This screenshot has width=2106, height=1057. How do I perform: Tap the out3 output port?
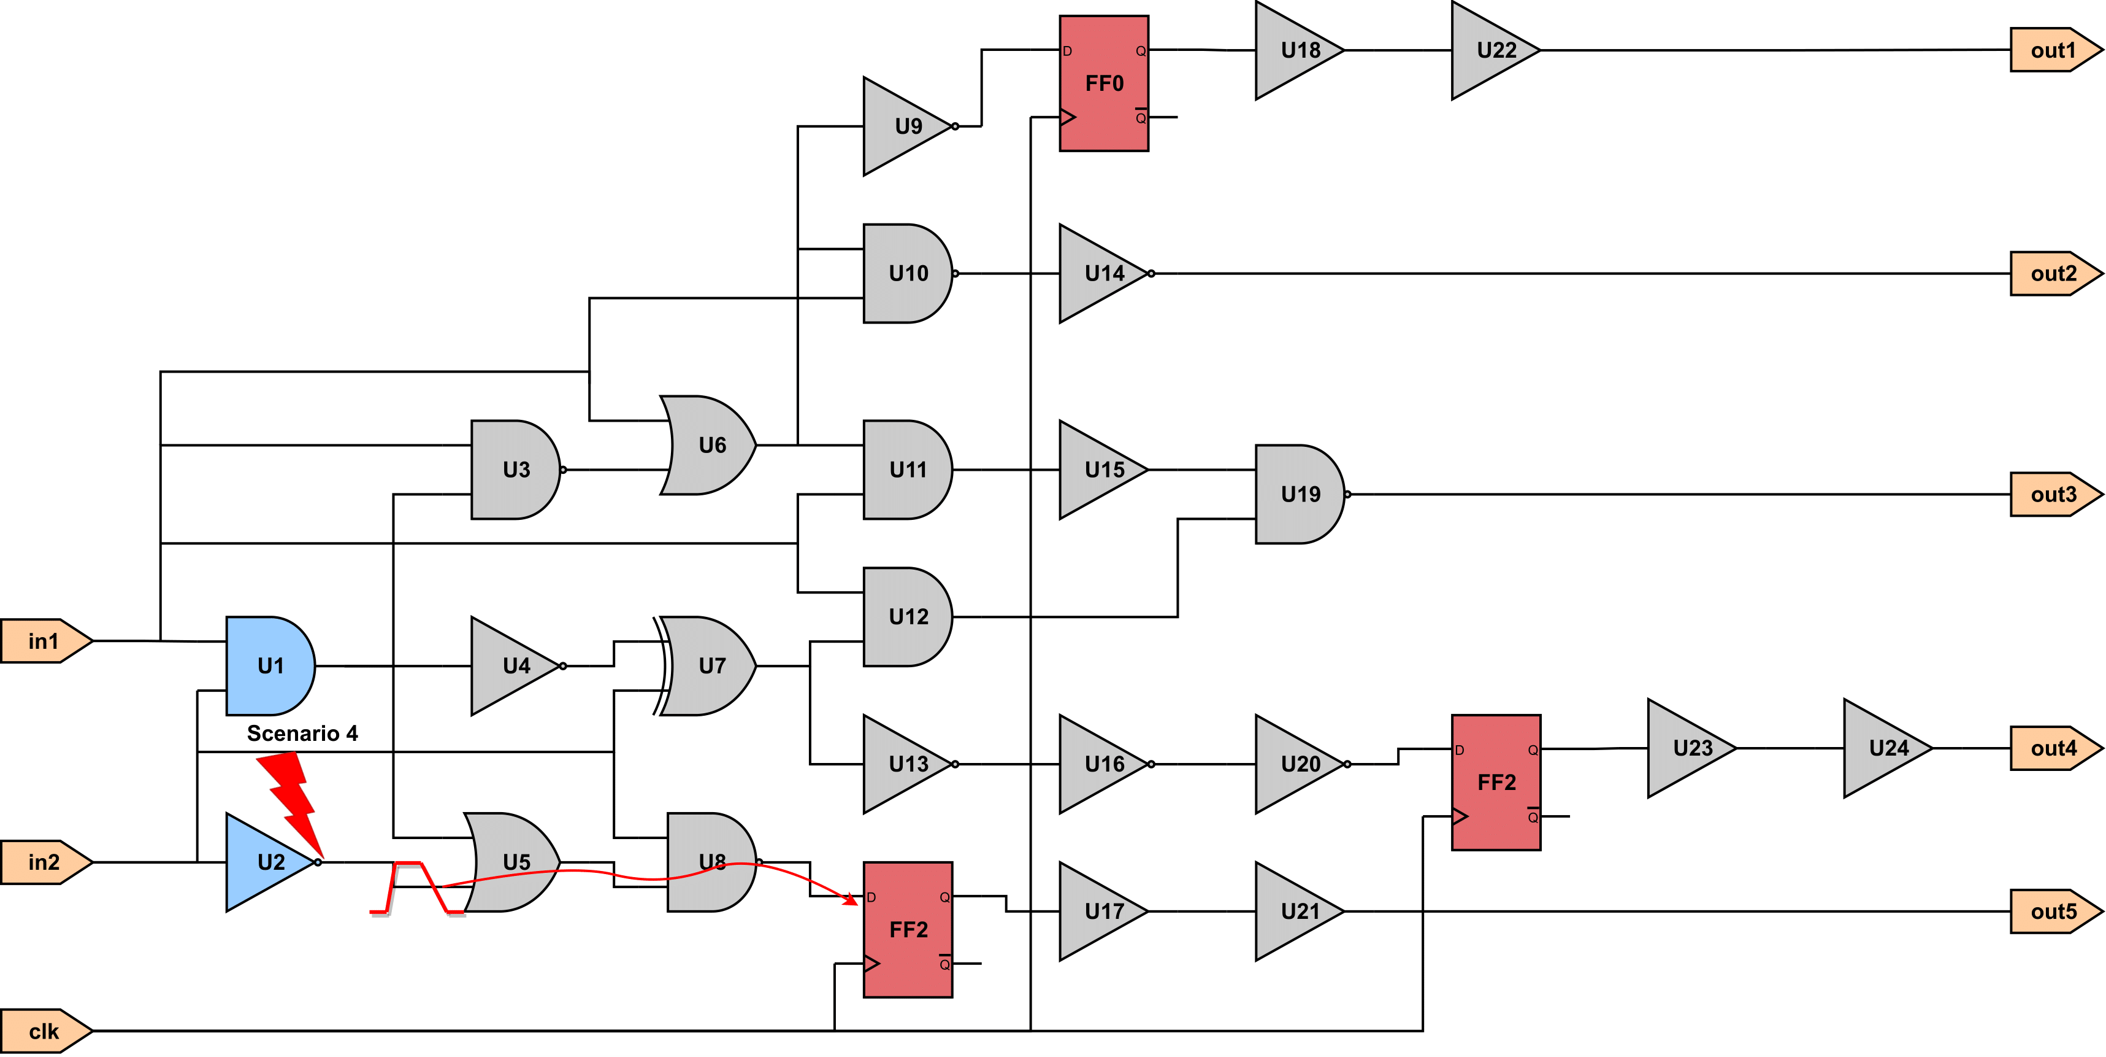coord(2055,494)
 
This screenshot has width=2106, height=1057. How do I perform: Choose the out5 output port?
coord(2055,912)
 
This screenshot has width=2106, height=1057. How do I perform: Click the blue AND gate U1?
coord(270,666)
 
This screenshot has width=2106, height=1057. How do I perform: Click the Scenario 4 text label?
coord(302,733)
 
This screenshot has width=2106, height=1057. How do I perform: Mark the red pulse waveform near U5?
coord(418,887)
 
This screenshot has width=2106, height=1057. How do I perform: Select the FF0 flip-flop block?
coord(1104,83)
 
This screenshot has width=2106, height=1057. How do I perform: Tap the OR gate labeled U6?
coord(708,445)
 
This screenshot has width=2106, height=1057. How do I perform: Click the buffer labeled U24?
coord(1888,748)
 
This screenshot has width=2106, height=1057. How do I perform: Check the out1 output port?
coord(2055,50)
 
